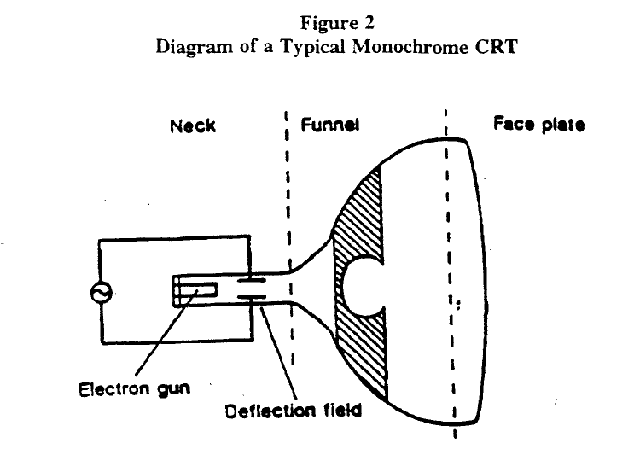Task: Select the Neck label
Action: click(x=192, y=126)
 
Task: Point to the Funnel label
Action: click(x=329, y=125)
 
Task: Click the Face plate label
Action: click(x=539, y=125)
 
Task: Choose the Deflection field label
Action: click(x=293, y=411)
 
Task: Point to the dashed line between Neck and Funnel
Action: click(x=289, y=213)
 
